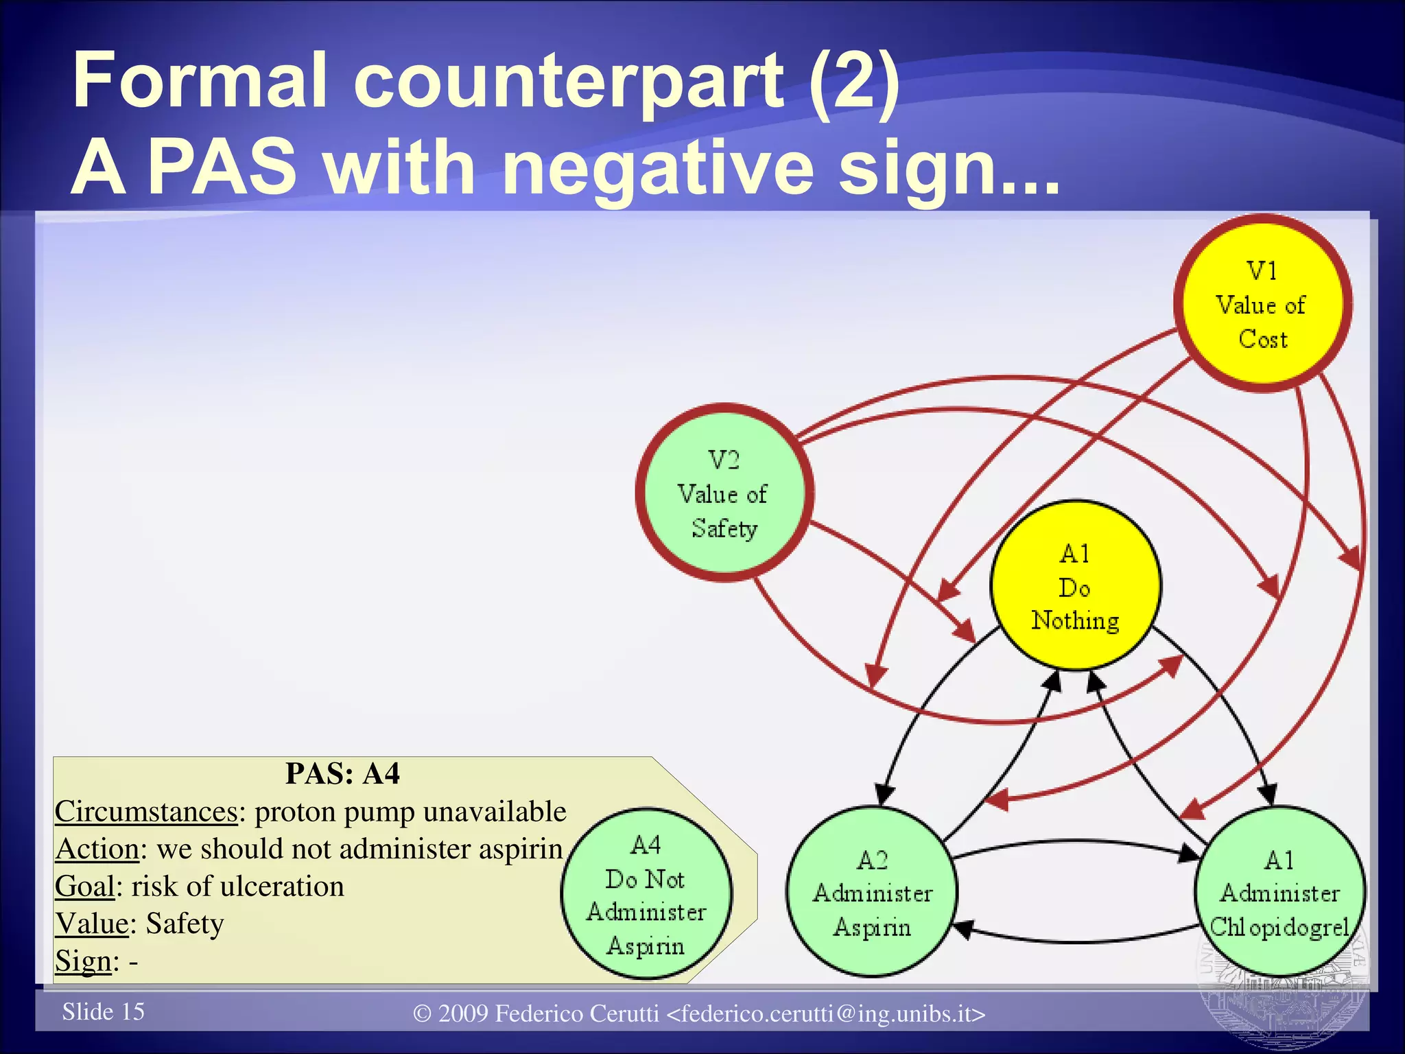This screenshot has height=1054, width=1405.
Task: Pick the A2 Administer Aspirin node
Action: tap(872, 892)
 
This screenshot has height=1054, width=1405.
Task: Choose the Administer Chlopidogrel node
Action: tap(1279, 892)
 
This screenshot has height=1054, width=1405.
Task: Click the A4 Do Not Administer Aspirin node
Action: tap(646, 895)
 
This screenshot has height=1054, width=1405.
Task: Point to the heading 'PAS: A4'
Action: tap(342, 774)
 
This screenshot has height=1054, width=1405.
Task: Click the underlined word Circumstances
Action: tap(146, 812)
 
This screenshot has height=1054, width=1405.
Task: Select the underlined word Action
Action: tap(97, 850)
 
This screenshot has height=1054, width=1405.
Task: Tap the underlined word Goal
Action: tap(84, 887)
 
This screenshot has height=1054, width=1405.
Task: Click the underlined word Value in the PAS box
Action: tap(92, 924)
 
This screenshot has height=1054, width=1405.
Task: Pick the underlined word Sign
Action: tap(83, 961)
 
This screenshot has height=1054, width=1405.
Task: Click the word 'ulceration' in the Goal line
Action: tap(282, 887)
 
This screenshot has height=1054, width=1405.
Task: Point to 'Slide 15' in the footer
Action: tap(104, 1011)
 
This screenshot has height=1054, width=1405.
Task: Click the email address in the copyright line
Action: tap(826, 1014)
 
